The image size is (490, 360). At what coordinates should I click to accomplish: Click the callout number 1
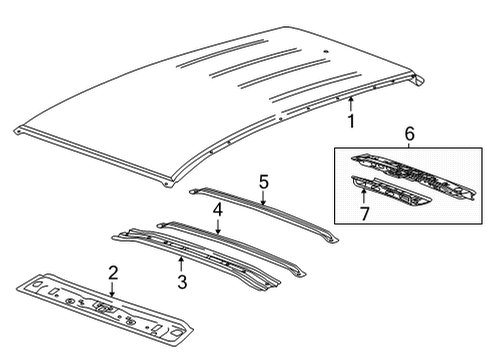350,121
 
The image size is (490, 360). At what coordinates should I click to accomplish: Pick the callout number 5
264,182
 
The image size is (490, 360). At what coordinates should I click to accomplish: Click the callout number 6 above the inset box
408,133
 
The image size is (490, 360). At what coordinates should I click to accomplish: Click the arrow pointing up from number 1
350,104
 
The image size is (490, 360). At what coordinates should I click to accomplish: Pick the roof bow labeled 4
240,245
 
